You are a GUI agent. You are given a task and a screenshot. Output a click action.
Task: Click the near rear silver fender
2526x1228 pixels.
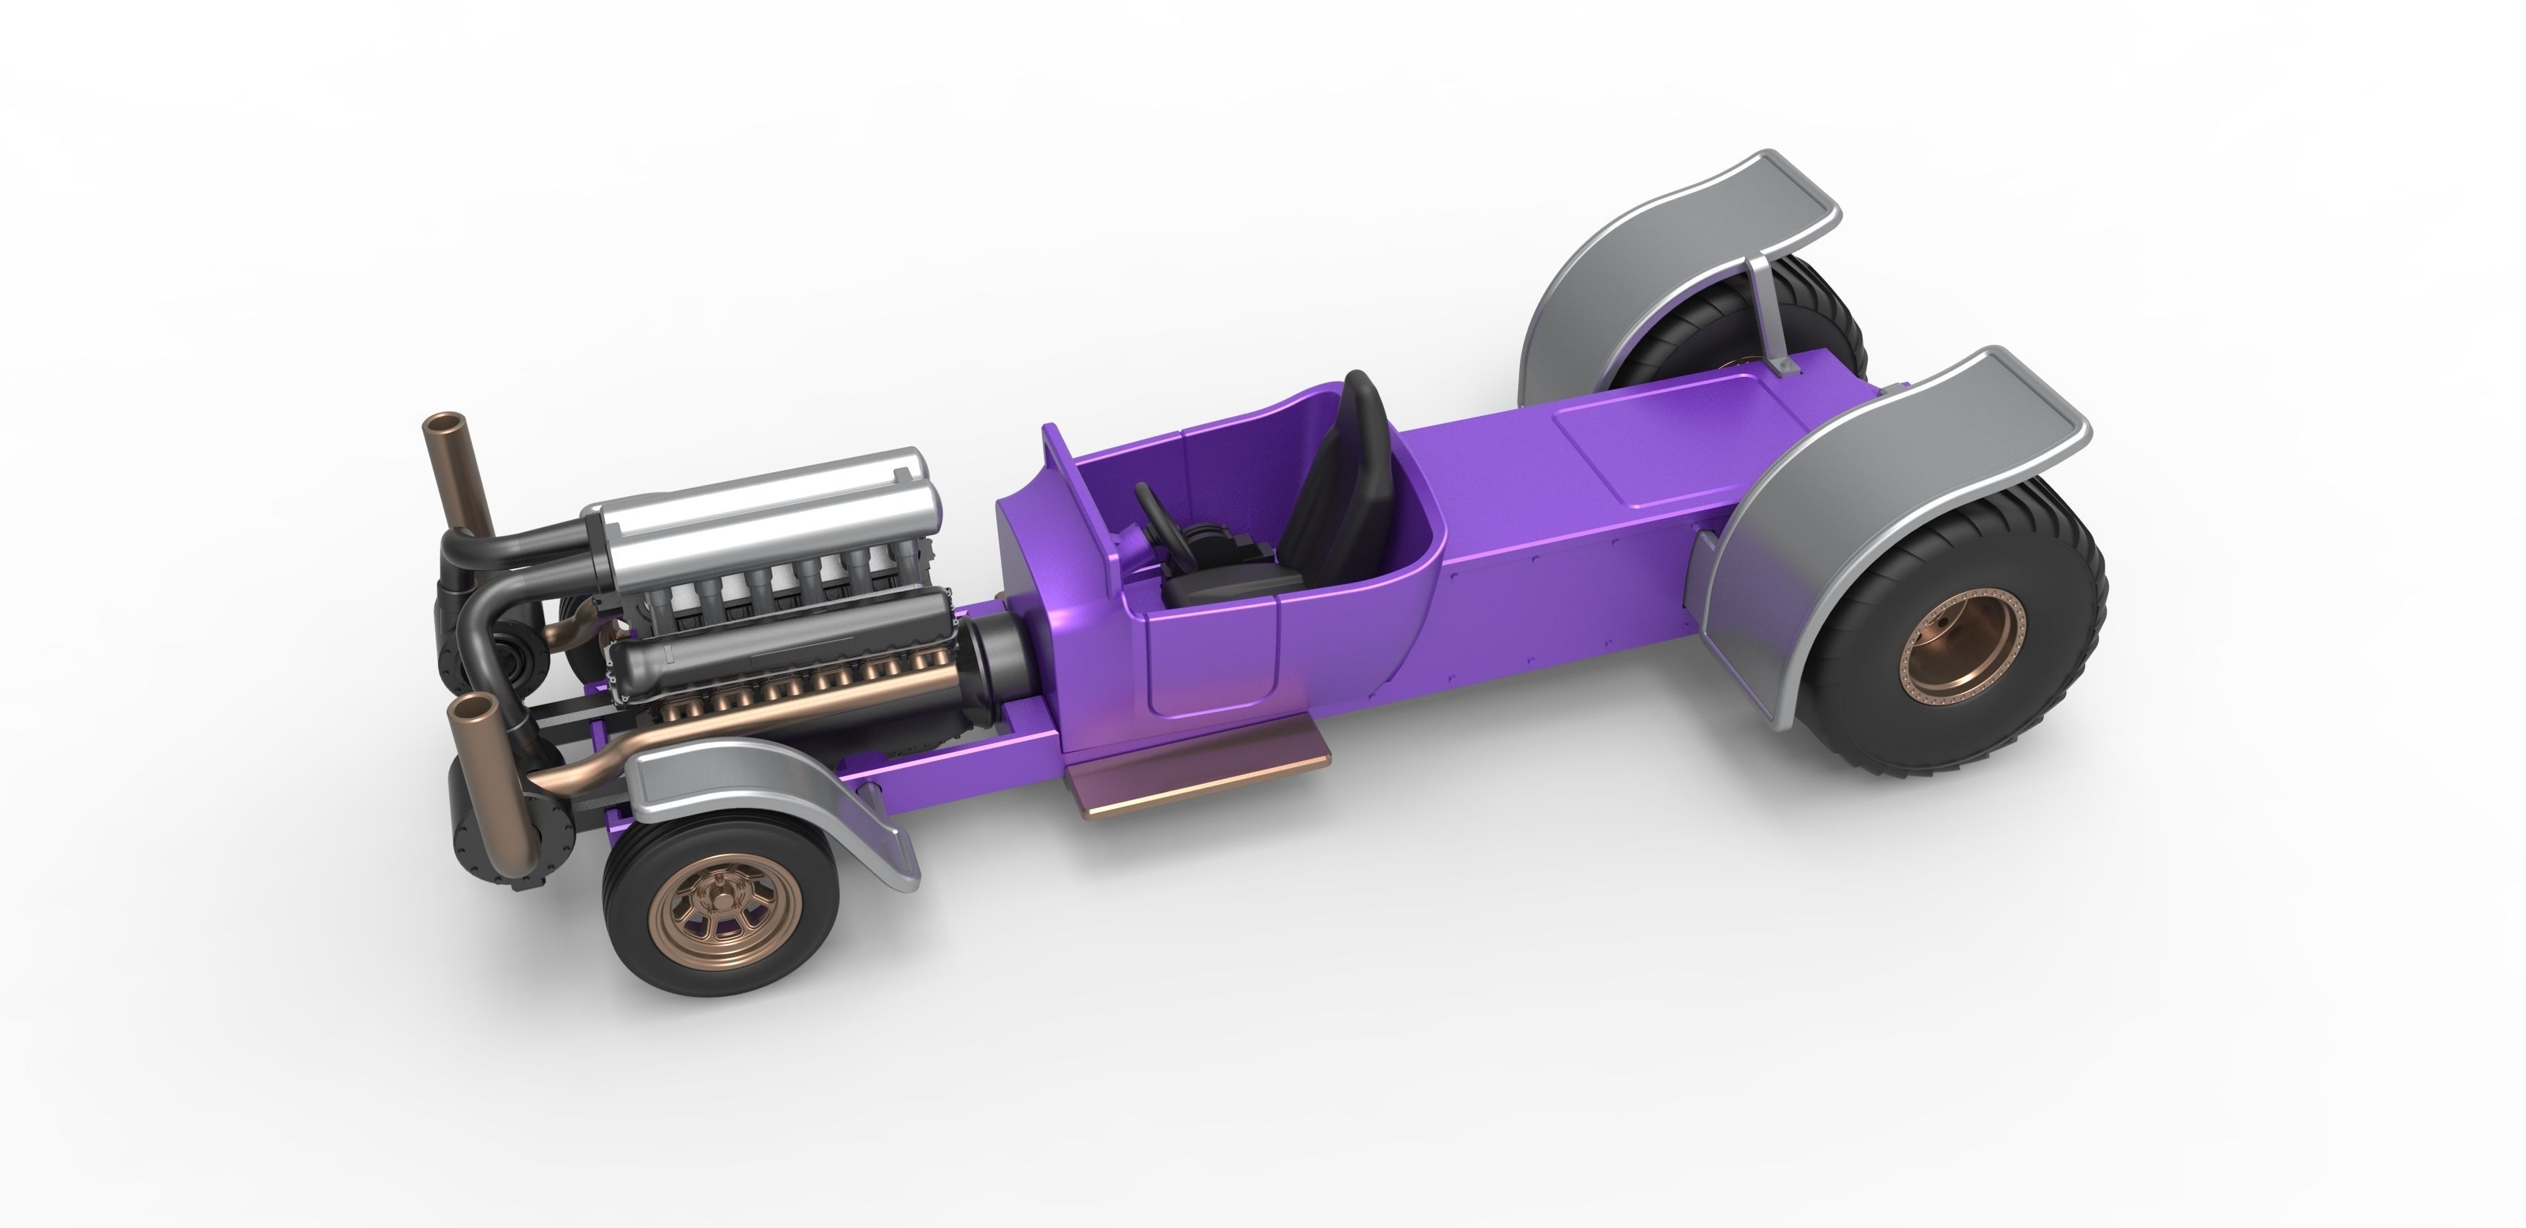pos(1863,490)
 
